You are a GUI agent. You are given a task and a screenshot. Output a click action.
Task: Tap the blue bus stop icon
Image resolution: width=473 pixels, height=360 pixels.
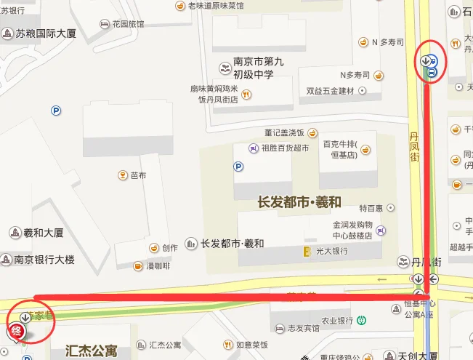tap(433, 66)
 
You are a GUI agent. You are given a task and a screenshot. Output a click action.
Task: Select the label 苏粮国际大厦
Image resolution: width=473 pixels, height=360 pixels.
tap(45, 33)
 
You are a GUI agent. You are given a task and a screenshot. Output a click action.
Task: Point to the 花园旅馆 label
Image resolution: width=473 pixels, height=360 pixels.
tap(128, 24)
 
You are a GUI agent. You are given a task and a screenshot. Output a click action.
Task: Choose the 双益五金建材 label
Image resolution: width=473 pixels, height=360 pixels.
tap(330, 91)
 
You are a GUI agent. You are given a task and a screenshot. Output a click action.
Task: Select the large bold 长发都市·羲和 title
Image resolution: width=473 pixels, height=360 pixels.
tap(299, 201)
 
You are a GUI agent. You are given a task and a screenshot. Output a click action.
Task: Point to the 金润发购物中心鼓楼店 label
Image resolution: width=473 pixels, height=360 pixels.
tap(352, 231)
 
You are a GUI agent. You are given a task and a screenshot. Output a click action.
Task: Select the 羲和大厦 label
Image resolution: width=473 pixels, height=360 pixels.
tap(44, 233)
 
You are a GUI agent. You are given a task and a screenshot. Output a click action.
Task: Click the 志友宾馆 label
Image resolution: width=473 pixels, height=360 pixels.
tap(304, 329)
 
